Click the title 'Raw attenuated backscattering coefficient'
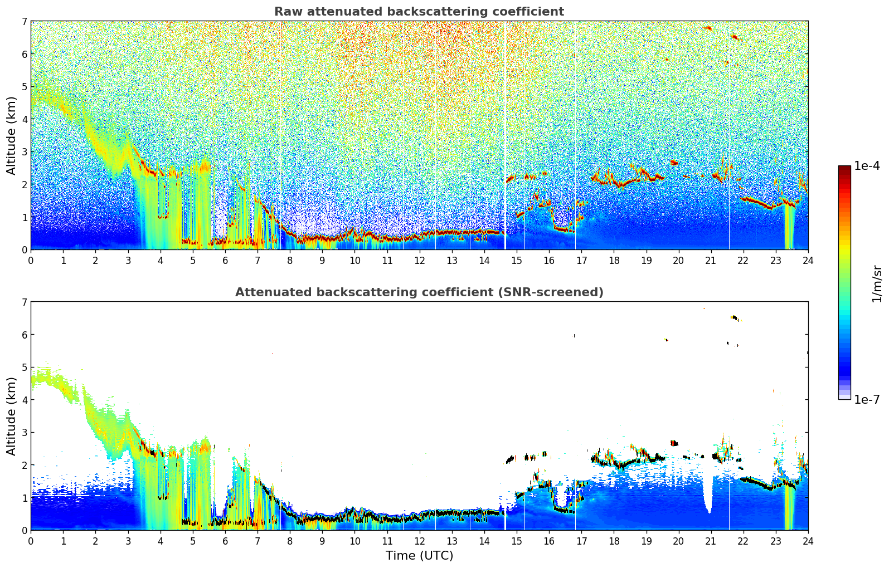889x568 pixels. coord(419,12)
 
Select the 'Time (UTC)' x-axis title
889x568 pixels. coord(419,556)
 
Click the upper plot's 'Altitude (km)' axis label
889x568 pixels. coord(12,135)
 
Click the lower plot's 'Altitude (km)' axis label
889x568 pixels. coord(12,416)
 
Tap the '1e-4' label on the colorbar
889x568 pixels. coord(867,166)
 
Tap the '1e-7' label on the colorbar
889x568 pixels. coord(867,399)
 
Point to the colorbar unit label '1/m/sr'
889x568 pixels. coord(877,283)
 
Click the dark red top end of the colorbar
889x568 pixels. coord(844,168)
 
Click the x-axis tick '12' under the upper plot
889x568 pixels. coord(419,260)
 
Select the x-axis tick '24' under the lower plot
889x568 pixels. coord(808,541)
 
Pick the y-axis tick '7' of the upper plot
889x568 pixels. coord(25,22)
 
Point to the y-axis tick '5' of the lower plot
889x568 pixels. coord(25,368)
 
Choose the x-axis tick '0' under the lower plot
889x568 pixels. coord(31,541)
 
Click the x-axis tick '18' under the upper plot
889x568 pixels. coord(614,260)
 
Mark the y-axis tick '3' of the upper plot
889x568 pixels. coord(25,152)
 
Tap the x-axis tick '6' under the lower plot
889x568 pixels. coord(225,541)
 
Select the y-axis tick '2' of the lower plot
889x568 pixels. coord(25,465)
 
